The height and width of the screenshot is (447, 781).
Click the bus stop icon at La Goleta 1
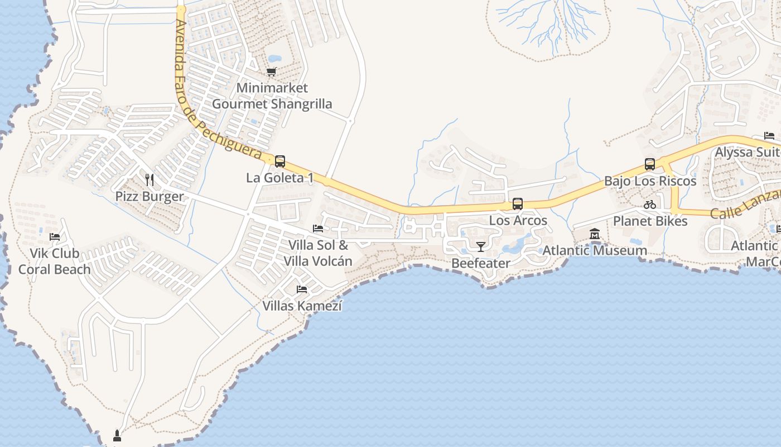[x=280, y=161]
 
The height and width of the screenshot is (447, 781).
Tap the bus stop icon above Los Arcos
[x=518, y=204]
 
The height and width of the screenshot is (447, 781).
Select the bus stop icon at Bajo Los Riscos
[x=650, y=164]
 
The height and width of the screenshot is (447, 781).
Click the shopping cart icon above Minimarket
[x=272, y=72]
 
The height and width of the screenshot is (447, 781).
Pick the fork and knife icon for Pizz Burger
[x=149, y=179]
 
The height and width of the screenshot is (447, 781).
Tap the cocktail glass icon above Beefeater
[x=480, y=246]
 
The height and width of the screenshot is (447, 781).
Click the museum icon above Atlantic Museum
[x=595, y=234]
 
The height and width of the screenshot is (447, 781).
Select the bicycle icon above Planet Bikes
[x=650, y=205]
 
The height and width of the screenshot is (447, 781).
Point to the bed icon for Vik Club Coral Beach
[x=55, y=237]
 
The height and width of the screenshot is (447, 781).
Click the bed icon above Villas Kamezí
[x=302, y=289]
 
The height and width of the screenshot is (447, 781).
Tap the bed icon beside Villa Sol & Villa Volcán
[x=318, y=229]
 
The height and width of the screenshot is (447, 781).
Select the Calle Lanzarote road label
[x=745, y=207]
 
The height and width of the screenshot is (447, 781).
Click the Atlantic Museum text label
[x=595, y=250]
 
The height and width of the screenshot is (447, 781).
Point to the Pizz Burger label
[x=150, y=196]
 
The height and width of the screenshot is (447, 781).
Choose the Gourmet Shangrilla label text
[x=272, y=104]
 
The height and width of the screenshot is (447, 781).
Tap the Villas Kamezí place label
[x=302, y=306]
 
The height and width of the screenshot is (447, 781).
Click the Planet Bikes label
[x=650, y=221]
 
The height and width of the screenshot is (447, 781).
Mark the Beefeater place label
[x=480, y=263]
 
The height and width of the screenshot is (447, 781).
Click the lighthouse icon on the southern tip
[x=117, y=435]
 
